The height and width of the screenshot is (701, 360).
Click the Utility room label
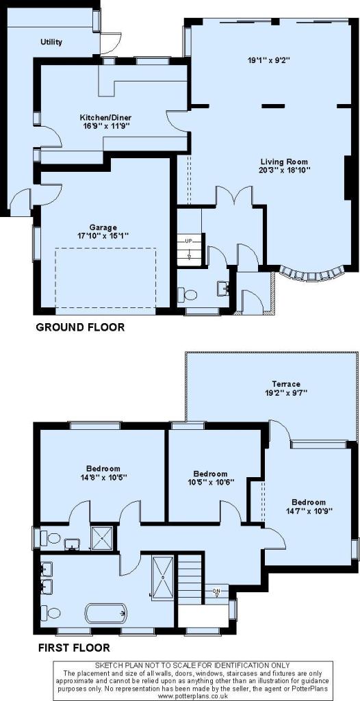(51, 42)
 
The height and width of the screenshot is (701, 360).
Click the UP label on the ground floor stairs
(189, 242)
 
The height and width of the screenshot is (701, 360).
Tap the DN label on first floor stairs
(216, 590)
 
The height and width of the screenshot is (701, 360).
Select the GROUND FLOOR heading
(80, 327)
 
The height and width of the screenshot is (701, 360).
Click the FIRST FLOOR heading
(74, 647)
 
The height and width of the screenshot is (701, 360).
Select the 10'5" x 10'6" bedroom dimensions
(210, 482)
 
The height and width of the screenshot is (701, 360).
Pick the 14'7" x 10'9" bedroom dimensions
(309, 510)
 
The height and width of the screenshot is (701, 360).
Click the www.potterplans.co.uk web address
(193, 696)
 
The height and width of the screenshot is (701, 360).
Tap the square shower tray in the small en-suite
(102, 538)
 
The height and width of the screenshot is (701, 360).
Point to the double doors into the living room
(234, 196)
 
